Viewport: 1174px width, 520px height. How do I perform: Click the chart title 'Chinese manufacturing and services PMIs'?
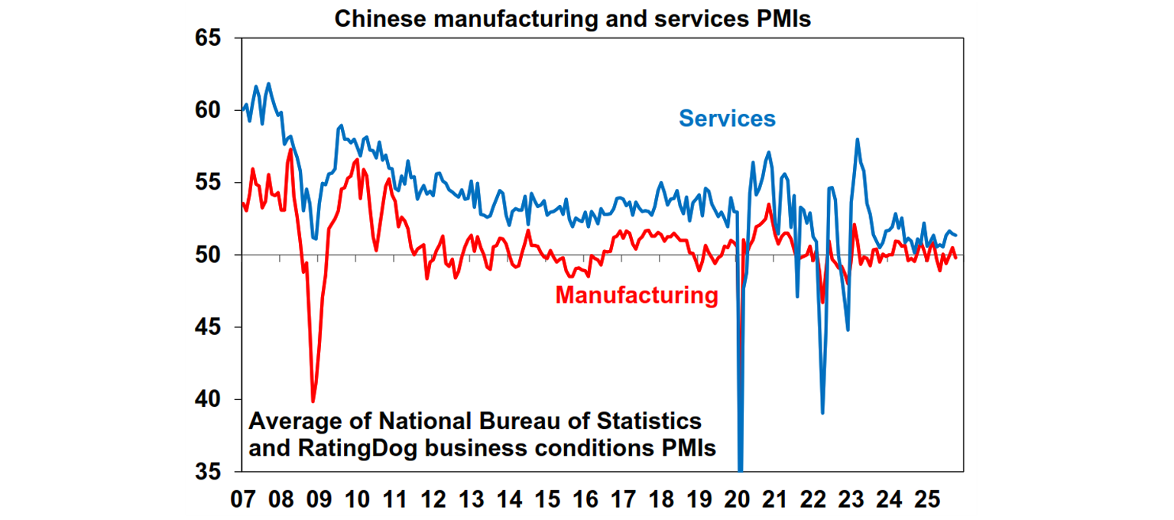pos(572,19)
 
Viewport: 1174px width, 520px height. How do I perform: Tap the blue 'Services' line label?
pos(727,119)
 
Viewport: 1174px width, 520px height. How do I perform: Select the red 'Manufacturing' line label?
pos(637,295)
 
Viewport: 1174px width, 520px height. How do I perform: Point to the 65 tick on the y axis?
pos(213,38)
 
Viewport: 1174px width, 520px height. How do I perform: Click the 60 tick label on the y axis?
pos(213,110)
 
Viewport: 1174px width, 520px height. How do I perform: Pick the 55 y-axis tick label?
pos(213,183)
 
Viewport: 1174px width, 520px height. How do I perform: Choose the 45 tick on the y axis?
pos(213,327)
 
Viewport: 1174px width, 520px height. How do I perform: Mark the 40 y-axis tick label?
pos(213,399)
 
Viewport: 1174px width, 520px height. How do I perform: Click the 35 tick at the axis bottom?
pos(213,471)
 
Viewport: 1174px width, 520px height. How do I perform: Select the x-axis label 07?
pos(242,501)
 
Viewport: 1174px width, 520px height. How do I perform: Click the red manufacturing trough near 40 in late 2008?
pos(313,401)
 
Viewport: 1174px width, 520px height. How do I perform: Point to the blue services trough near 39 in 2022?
pos(822,413)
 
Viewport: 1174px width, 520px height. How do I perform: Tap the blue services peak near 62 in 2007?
pos(268,83)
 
